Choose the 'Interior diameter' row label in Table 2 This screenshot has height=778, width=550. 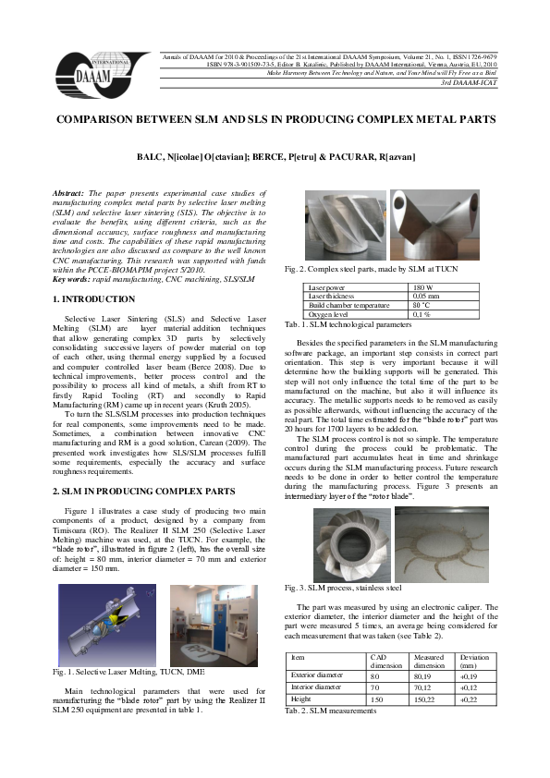tap(318, 687)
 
